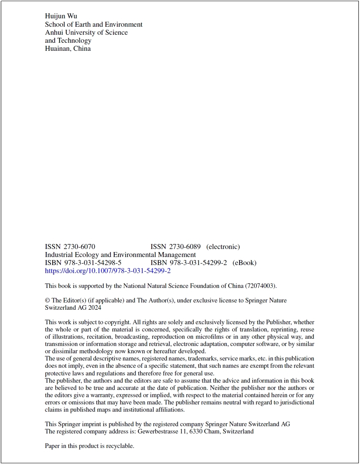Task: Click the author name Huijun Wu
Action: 61,16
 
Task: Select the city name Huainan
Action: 57,49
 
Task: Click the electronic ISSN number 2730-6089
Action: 185,247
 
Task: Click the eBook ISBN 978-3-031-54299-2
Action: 198,263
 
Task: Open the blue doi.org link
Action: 108,271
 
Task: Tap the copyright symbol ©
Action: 47,301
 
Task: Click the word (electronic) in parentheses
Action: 223,247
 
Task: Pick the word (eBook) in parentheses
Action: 244,263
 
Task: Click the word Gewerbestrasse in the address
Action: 157,432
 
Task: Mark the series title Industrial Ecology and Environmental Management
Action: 120,255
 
